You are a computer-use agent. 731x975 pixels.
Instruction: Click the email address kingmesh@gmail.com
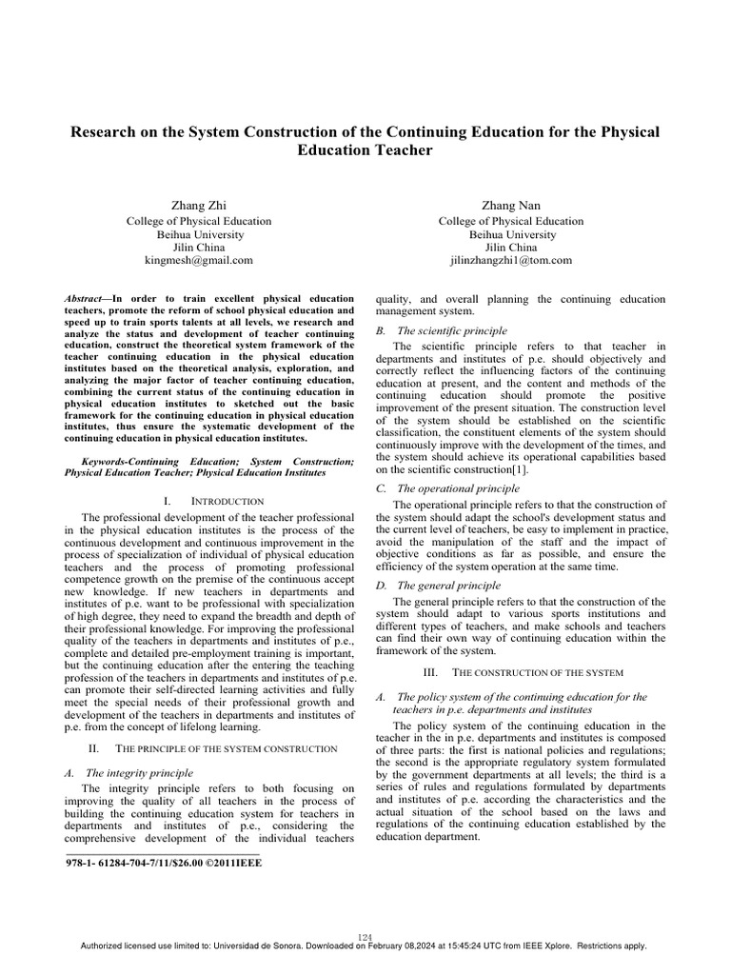(x=199, y=259)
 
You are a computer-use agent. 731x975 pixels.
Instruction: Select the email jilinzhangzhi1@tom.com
(x=511, y=259)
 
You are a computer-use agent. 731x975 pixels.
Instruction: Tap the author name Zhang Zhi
(x=199, y=205)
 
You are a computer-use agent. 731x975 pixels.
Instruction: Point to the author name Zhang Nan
(x=511, y=205)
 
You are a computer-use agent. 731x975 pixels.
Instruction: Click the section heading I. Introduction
(x=207, y=500)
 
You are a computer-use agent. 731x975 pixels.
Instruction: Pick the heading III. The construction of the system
(x=521, y=672)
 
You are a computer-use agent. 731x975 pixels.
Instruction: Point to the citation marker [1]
(x=520, y=469)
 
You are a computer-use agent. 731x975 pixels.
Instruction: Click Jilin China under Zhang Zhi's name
(x=199, y=247)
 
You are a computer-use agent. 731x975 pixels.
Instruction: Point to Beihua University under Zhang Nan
(x=511, y=234)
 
